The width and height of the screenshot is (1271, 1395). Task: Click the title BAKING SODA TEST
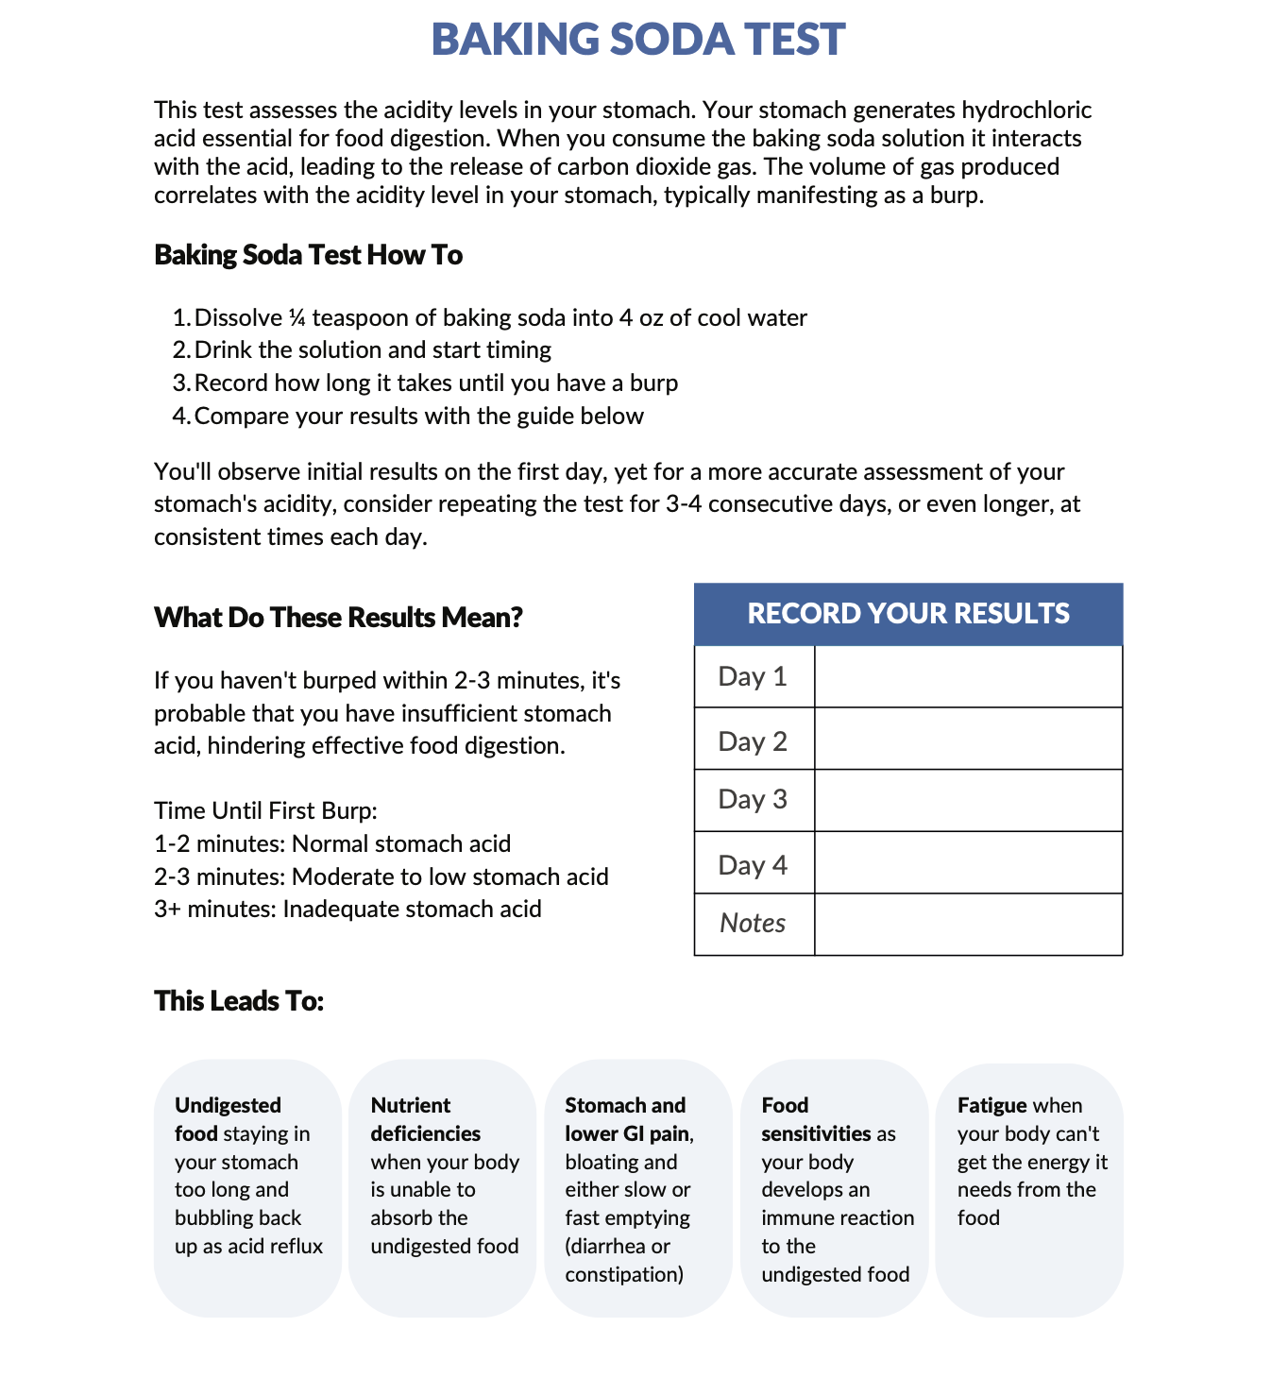(x=637, y=40)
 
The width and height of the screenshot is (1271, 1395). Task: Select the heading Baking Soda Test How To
(x=308, y=255)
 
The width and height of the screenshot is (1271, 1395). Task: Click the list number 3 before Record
(x=179, y=383)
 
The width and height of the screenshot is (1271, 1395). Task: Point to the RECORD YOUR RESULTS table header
(x=907, y=614)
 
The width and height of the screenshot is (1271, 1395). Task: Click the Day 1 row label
(x=753, y=677)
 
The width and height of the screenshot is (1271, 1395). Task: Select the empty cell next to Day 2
(x=968, y=739)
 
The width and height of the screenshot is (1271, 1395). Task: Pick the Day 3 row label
(x=753, y=800)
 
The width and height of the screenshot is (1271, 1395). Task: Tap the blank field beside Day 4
(x=968, y=862)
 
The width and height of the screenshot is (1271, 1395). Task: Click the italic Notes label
(x=753, y=924)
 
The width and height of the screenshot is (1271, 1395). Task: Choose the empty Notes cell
(x=968, y=925)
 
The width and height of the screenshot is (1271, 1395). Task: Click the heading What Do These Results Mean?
(x=338, y=618)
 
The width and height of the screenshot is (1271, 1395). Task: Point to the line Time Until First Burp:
(x=265, y=811)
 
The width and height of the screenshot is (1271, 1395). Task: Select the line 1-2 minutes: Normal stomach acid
(x=332, y=844)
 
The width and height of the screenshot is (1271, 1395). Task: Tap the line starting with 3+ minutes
(x=347, y=910)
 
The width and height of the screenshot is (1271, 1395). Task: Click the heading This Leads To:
(x=239, y=1001)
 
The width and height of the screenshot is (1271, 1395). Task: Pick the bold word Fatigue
(x=991, y=1106)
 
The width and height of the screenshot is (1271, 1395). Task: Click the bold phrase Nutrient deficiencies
(x=425, y=1120)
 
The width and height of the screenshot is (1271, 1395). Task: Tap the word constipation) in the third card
(x=624, y=1275)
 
